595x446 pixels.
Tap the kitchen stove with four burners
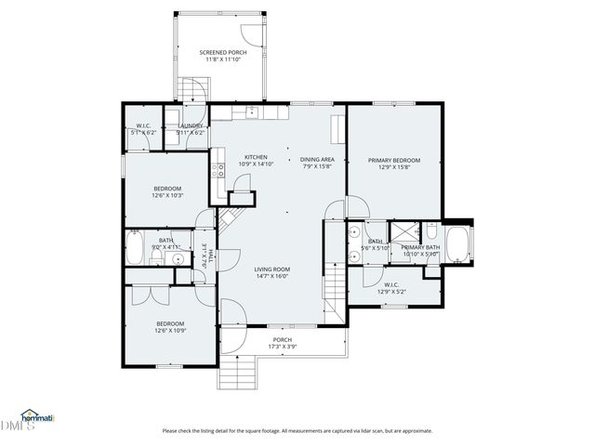(219, 170)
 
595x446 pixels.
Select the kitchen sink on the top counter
(251, 111)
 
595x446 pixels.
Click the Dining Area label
(317, 158)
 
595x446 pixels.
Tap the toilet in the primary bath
(431, 229)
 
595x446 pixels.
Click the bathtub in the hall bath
(136, 247)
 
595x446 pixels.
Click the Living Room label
(272, 269)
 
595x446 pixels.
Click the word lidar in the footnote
(368, 431)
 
